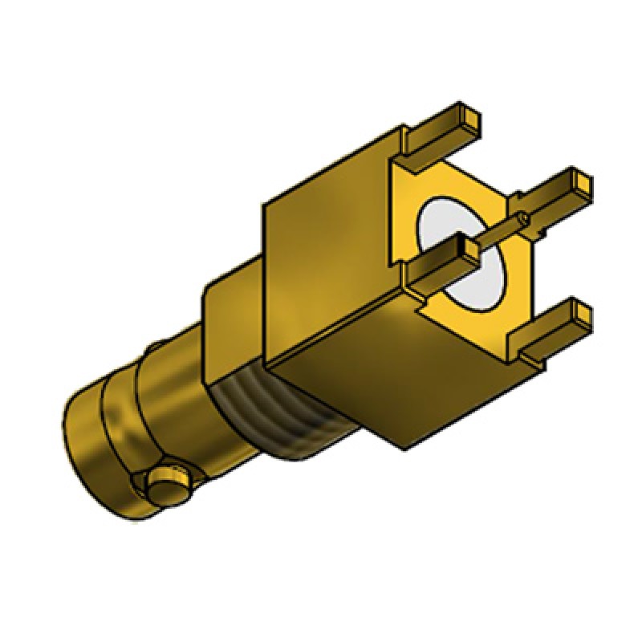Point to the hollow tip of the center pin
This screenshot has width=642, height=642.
pyautogui.click(x=523, y=216)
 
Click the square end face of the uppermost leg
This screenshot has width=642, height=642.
pyautogui.click(x=470, y=119)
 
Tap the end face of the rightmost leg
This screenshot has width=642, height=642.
pyautogui.click(x=583, y=183)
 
